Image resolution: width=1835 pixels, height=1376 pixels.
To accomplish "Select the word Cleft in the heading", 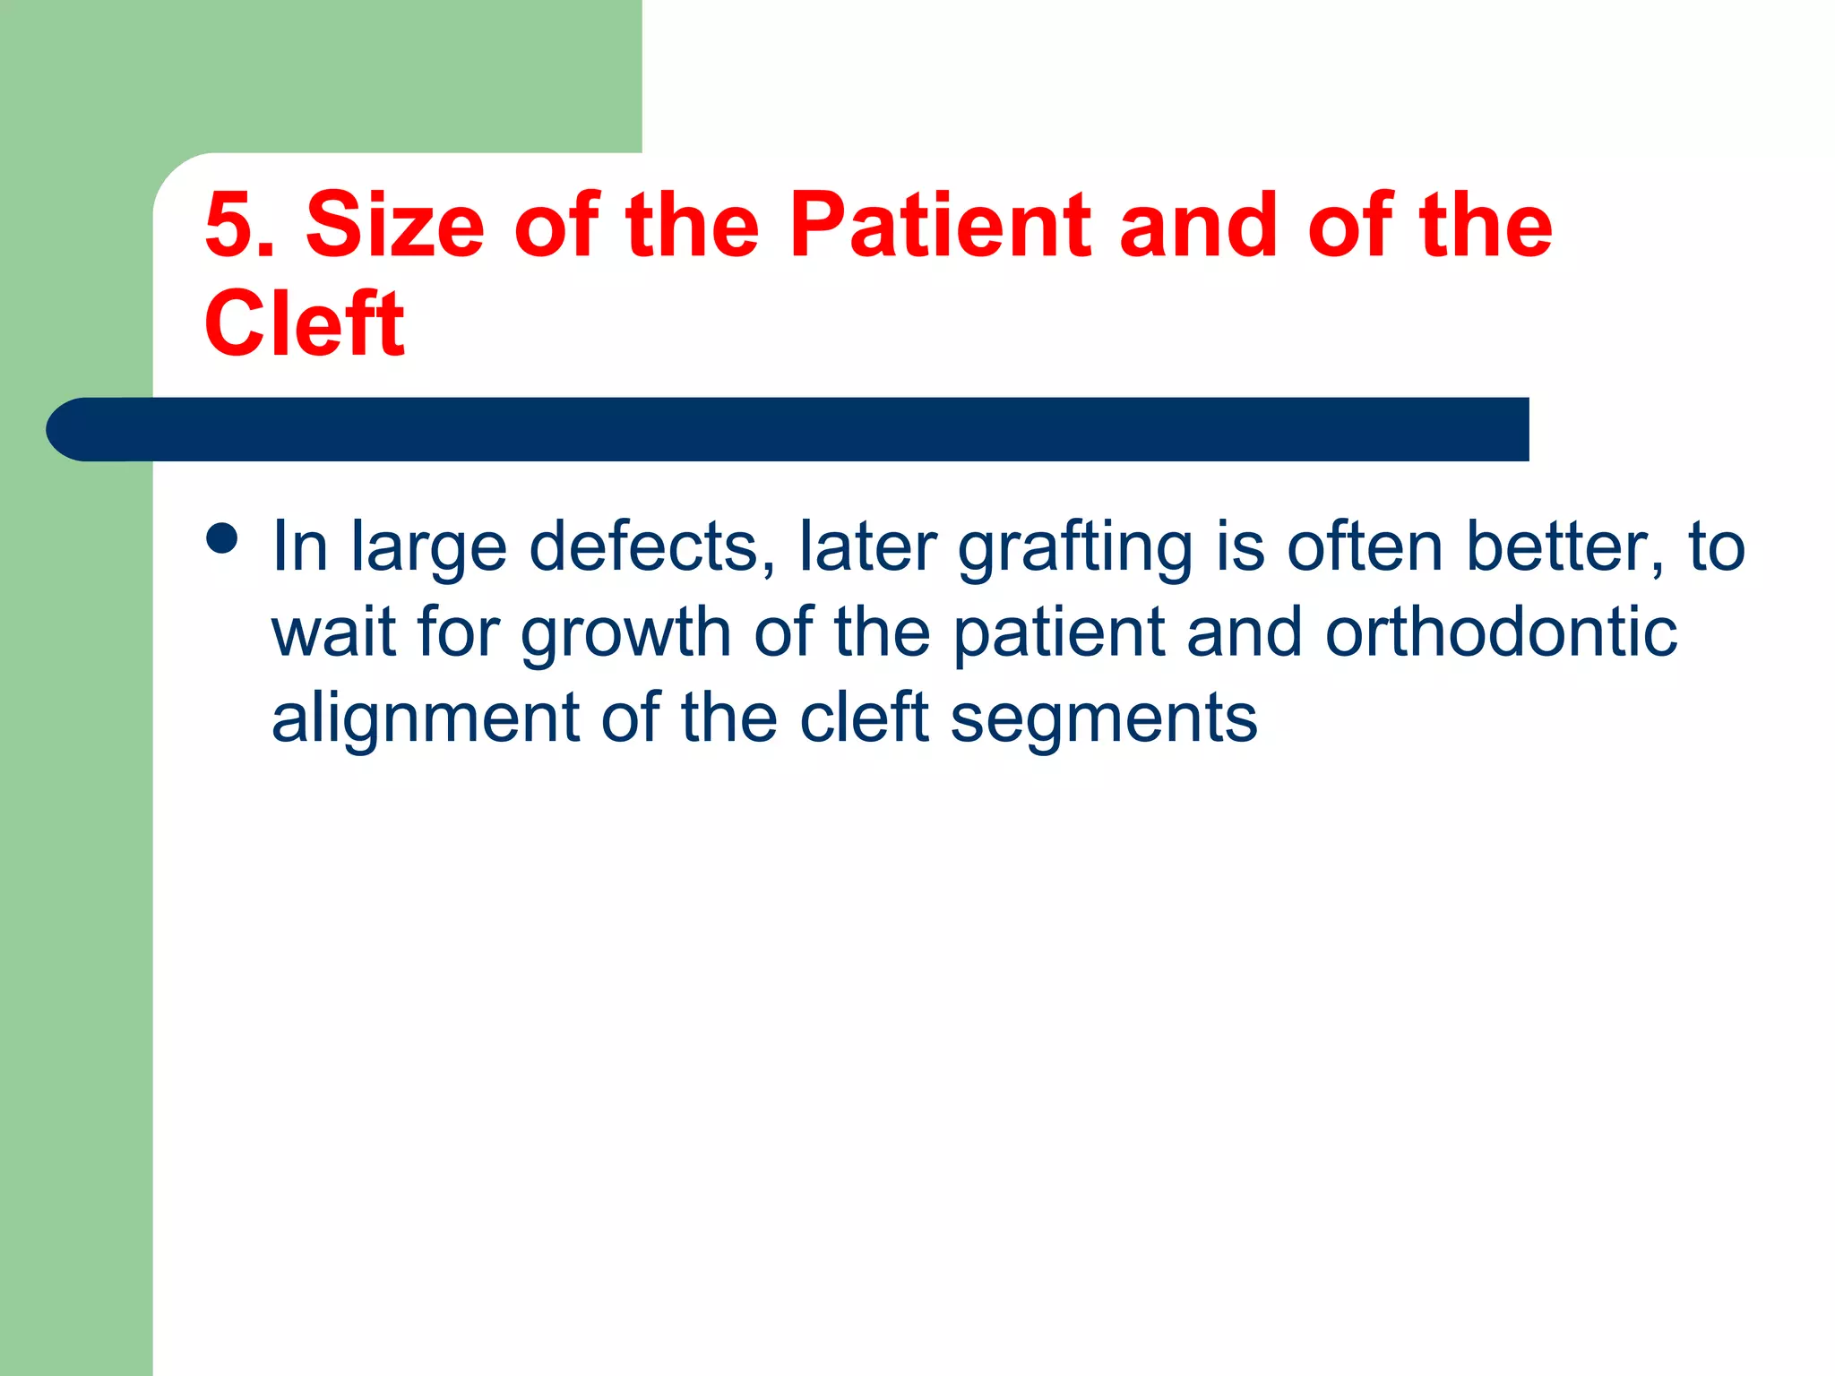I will tap(304, 324).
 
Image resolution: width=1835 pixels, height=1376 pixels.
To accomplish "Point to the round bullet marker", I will tap(221, 539).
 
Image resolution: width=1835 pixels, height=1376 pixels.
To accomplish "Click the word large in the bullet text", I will tap(428, 548).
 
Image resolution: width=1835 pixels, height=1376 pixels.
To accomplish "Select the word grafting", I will tap(1074, 548).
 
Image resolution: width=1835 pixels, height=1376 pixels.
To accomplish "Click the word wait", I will tap(334, 632).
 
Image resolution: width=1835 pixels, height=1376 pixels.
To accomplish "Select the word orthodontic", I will tap(1501, 632).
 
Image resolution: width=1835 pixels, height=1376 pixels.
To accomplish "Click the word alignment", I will tap(426, 719).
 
